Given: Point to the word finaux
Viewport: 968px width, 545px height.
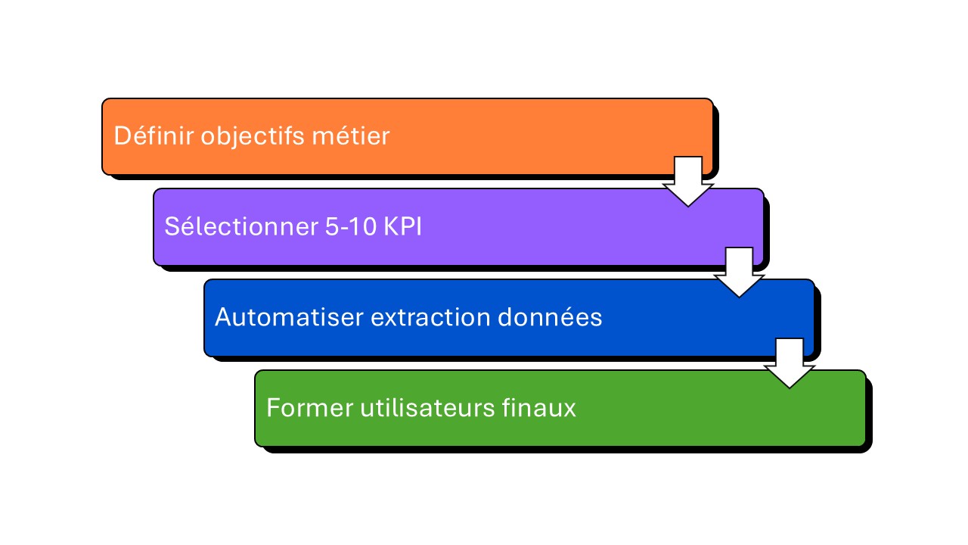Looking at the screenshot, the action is [539, 408].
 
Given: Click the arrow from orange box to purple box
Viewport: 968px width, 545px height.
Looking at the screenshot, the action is [688, 182].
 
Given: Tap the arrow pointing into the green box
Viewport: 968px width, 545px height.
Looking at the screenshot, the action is [790, 363].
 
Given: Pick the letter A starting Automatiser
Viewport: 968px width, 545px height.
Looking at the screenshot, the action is [222, 317].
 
